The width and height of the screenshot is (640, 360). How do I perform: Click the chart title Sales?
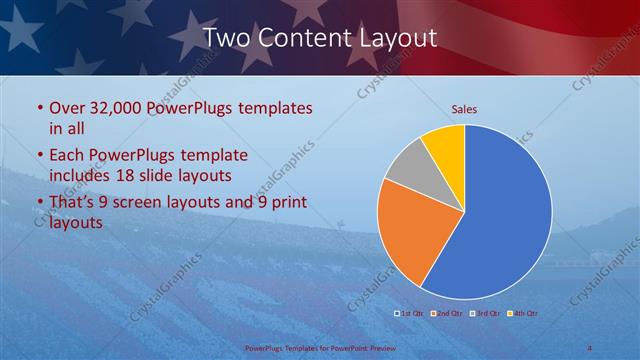(x=464, y=108)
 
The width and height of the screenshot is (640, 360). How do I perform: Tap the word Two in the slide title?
(x=226, y=38)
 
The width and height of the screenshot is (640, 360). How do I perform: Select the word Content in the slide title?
(x=303, y=38)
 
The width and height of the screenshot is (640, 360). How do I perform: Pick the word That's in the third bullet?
(x=74, y=203)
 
